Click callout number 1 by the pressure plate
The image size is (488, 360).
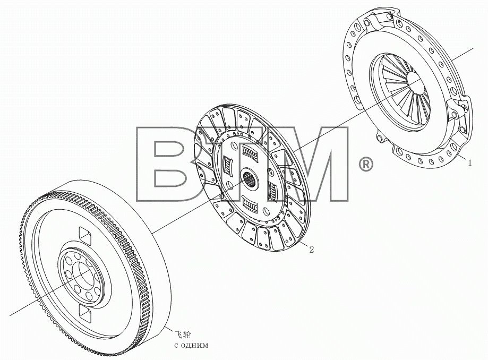coord(469,162)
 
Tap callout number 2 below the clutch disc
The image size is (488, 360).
coord(311,249)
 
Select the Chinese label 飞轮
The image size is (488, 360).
coord(183,335)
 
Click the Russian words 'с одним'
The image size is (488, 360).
coord(191,345)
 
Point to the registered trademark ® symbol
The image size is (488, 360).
coord(366,165)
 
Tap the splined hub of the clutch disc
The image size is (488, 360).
coord(250,180)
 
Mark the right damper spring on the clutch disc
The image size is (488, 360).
coord(272,191)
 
